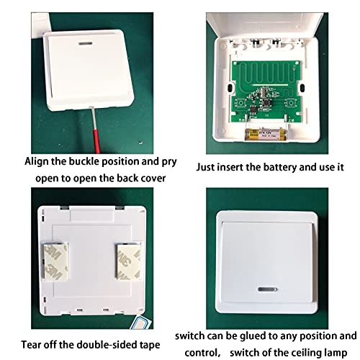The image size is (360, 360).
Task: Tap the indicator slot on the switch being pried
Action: click(86, 44)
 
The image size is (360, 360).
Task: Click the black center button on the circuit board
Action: click(266, 103)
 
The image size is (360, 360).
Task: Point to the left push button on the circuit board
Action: click(240, 103)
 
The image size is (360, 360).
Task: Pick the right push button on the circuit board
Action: click(291, 103)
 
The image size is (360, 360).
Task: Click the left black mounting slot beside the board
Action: click(230, 88)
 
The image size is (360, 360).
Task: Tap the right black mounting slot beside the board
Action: click(302, 88)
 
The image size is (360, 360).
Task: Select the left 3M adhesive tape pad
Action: click(56, 261)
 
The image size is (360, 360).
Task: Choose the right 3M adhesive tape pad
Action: click(128, 261)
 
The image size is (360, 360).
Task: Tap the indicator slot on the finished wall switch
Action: click(267, 289)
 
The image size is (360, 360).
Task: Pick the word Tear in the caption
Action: click(30, 345)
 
